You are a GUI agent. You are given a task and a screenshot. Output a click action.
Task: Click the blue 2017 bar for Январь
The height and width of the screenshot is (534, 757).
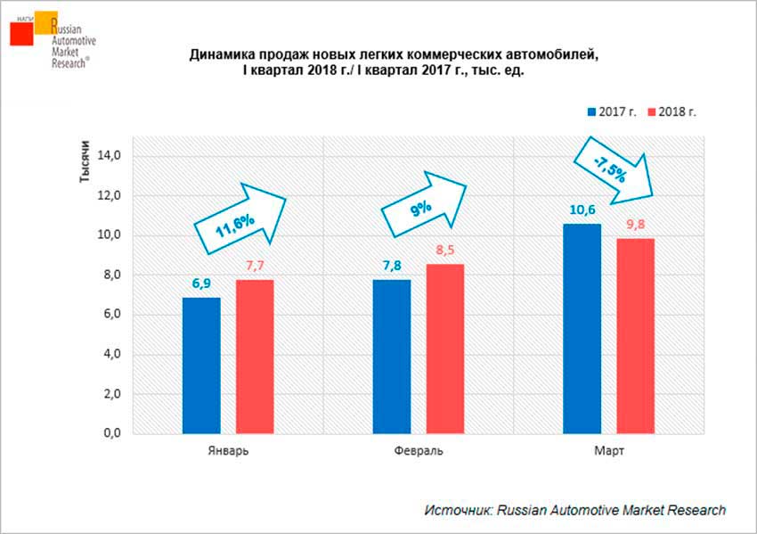pyautogui.click(x=201, y=366)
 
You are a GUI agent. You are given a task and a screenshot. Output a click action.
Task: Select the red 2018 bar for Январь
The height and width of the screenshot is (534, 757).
pyautogui.click(x=255, y=357)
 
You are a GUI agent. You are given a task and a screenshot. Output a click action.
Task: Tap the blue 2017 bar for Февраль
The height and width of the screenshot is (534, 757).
pyautogui.click(x=392, y=357)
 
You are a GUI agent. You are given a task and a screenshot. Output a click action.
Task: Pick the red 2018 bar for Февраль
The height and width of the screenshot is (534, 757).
pyautogui.click(x=445, y=349)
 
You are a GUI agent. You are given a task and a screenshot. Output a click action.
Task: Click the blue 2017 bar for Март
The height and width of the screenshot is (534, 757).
pyautogui.click(x=582, y=329)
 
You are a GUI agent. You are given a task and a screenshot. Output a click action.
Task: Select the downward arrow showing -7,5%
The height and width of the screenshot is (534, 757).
pyautogui.click(x=614, y=167)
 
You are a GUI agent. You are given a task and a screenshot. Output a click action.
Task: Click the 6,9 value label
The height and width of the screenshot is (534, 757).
pyautogui.click(x=201, y=284)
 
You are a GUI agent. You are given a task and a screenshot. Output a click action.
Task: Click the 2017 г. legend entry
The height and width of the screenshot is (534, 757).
pyautogui.click(x=610, y=111)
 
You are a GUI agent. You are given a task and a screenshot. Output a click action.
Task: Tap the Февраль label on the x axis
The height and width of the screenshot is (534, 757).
pyautogui.click(x=418, y=452)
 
